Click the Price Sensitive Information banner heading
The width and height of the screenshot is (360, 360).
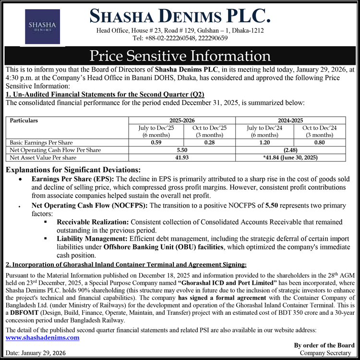(180, 55)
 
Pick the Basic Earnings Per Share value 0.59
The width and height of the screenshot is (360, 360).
(156, 143)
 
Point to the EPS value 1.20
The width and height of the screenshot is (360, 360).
(265, 143)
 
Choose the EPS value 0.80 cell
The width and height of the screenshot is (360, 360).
(320, 143)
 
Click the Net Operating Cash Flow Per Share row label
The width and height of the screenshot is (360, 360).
(55, 150)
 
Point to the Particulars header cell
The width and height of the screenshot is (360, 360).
(24, 120)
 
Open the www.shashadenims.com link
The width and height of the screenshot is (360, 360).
(42, 337)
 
